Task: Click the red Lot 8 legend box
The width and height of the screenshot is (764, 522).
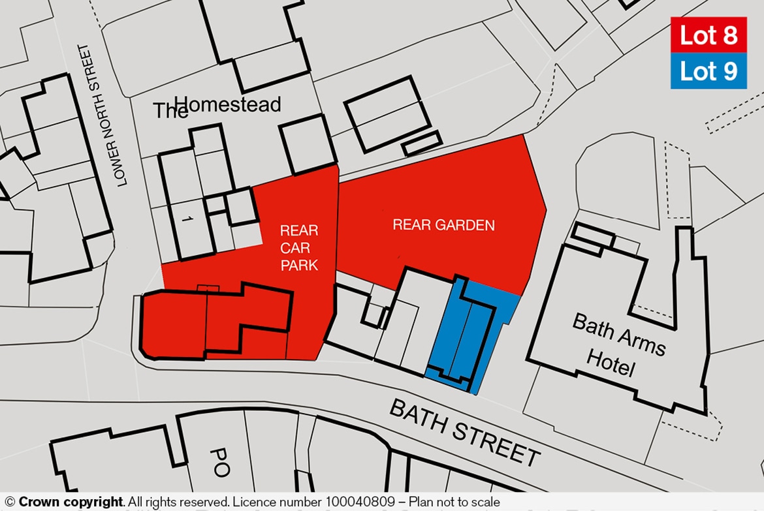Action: (708, 35)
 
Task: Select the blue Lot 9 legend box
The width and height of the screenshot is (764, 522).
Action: (708, 70)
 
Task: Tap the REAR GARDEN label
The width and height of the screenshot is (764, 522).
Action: (443, 226)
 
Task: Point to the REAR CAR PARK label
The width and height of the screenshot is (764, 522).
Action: (299, 248)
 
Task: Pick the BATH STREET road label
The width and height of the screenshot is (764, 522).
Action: (465, 431)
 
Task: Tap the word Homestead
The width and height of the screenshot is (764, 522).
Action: (228, 104)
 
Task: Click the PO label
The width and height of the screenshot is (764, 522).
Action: (220, 462)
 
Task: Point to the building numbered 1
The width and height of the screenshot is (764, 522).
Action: (187, 221)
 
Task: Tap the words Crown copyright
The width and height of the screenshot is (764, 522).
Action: (71, 502)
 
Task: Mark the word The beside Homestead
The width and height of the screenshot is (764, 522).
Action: (170, 111)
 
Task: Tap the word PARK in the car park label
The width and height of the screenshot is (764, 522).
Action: (299, 266)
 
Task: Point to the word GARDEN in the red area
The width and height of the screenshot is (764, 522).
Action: (466, 226)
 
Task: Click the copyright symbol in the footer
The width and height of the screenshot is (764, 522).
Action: (10, 502)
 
